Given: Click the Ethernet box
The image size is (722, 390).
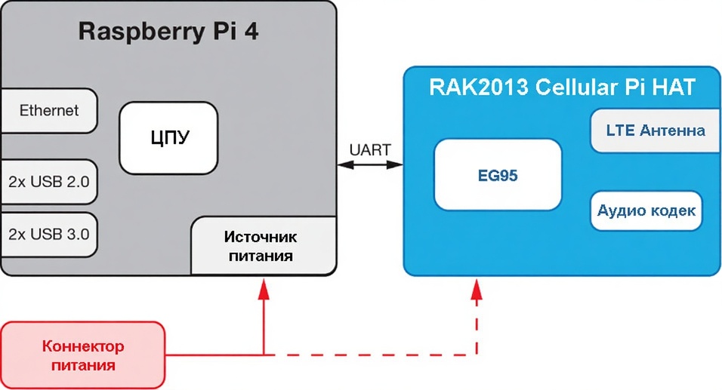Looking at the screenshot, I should [49, 111].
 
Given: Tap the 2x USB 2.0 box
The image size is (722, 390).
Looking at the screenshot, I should [49, 182].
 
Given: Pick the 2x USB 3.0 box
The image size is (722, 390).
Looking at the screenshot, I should [49, 234].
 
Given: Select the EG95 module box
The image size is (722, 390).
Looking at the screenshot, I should [498, 176].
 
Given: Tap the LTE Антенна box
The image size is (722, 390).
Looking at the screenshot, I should [655, 131].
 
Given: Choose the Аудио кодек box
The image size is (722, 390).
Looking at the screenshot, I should [646, 210].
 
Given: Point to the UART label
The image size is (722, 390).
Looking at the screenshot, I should [369, 150].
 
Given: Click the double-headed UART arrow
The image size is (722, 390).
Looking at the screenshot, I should [369, 165].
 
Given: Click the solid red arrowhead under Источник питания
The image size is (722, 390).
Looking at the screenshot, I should [264, 289].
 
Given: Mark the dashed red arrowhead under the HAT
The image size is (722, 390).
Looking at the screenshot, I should [476, 289].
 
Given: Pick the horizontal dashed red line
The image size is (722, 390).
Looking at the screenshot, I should [370, 355].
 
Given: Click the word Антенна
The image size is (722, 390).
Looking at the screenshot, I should [671, 131].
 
